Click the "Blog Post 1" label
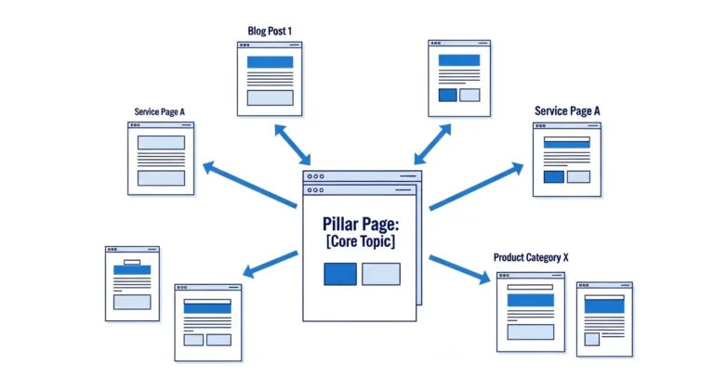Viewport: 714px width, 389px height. point(270,31)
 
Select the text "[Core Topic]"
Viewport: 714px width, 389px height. point(360,242)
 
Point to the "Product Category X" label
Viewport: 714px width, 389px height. point(529,256)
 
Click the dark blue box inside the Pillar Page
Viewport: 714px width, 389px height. point(339,274)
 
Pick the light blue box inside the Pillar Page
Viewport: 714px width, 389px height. point(381,274)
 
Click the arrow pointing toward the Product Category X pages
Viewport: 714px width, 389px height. point(459,268)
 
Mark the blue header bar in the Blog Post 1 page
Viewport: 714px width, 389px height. point(270,62)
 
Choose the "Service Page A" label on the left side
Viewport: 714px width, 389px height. point(159,112)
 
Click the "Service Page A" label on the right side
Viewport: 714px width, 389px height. point(567,111)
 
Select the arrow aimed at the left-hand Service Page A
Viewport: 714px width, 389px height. point(250,182)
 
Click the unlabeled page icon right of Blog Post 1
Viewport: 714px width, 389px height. point(459,78)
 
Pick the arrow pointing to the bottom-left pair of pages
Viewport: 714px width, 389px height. point(270,266)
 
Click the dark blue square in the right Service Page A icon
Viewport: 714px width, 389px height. point(553,176)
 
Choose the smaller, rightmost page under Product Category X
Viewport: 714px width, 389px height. point(603,318)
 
